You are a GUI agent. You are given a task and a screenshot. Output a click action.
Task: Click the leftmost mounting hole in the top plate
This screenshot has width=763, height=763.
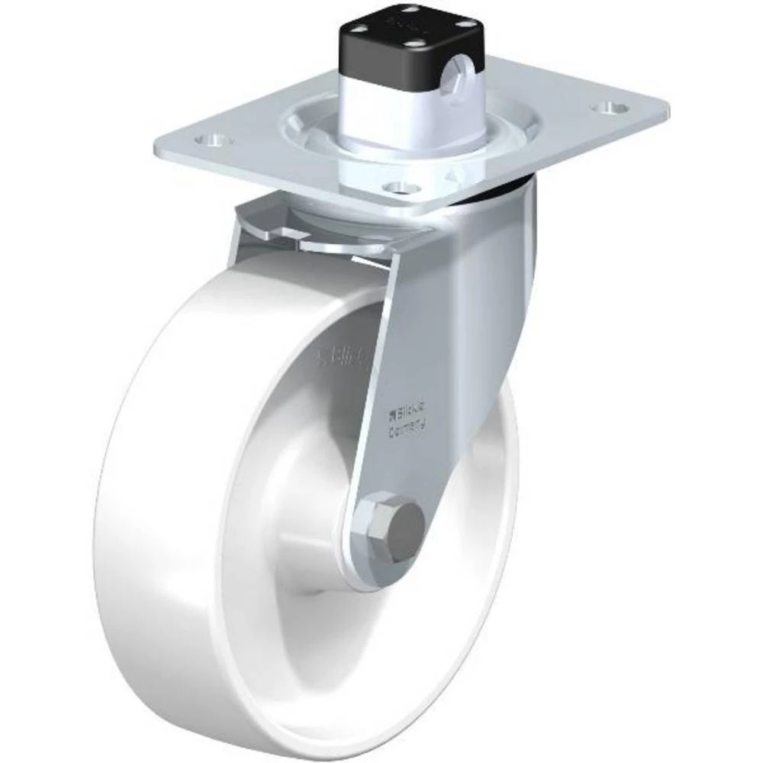(208, 140)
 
